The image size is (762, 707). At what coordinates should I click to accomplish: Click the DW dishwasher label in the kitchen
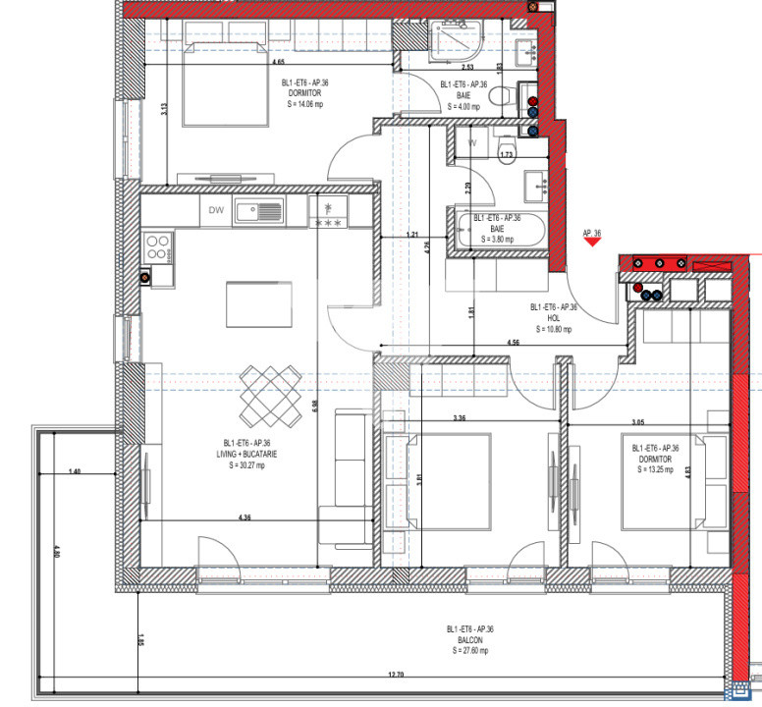point(216,208)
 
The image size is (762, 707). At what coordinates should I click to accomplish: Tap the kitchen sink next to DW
point(258,210)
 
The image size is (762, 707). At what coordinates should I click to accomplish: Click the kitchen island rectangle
point(258,303)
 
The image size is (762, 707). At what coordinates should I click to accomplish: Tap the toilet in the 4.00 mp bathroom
point(502,96)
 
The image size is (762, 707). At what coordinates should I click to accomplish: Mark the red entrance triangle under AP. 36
point(591,245)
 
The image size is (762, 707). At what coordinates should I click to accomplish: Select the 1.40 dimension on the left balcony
point(76,472)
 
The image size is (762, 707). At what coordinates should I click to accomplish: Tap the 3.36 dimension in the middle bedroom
point(459,418)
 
